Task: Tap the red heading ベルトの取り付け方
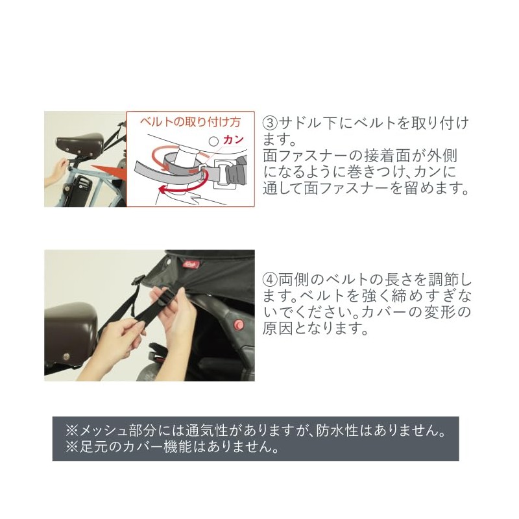[190, 122]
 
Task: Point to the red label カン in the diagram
[234, 140]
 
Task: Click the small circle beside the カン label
[214, 141]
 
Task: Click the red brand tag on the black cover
[191, 265]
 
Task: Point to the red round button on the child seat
[239, 325]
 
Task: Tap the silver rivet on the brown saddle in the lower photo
[67, 357]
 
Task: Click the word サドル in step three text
[300, 124]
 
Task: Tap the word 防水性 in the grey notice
[337, 431]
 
